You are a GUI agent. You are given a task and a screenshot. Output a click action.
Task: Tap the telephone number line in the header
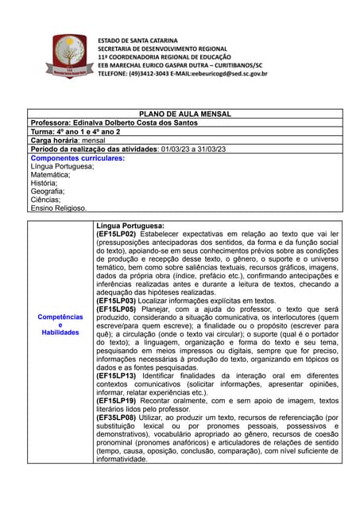click(182, 73)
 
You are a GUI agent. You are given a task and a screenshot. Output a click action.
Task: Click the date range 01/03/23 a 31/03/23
click(193, 149)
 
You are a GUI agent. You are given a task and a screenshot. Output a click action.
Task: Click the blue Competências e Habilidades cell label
click(60, 324)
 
